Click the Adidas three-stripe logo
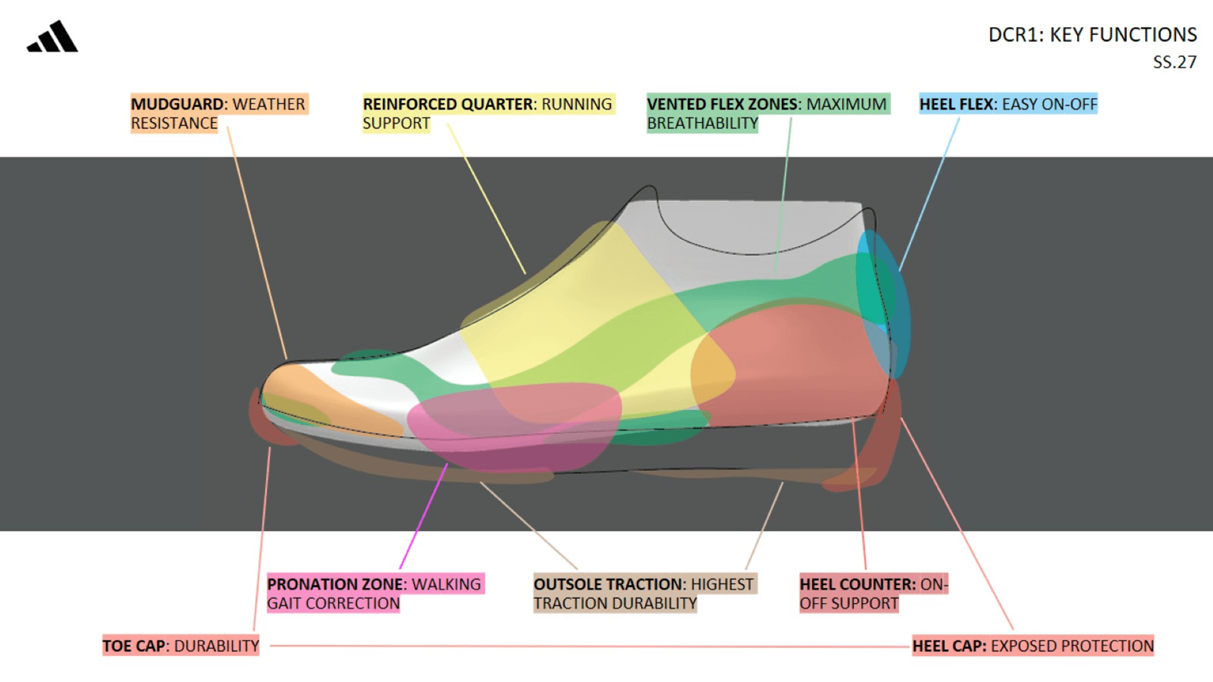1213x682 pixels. (x=53, y=37)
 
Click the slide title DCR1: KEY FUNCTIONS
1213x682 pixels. (x=1092, y=35)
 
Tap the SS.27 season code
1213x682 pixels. (x=1174, y=62)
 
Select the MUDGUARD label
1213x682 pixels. (x=218, y=113)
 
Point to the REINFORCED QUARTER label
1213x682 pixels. (x=487, y=113)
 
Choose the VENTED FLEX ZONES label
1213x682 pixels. (x=767, y=113)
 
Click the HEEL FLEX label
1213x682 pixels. (x=1008, y=104)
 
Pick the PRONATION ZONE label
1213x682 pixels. (x=374, y=593)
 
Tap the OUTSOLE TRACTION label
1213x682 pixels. (x=643, y=593)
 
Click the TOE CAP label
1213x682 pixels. (x=181, y=646)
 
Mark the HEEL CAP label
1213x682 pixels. (x=1032, y=646)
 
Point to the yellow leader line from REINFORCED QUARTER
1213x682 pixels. (x=485, y=197)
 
